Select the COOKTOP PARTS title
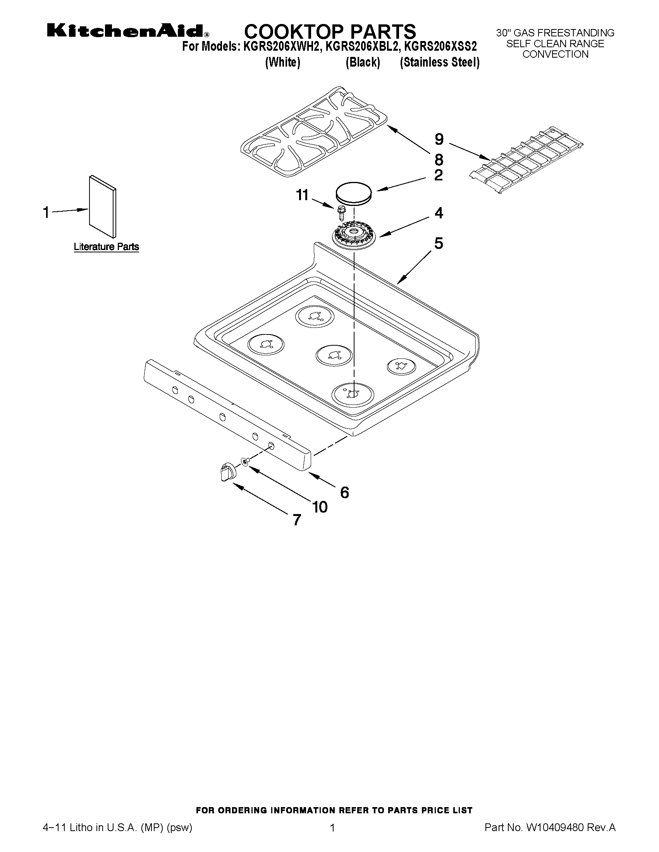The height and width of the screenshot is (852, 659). (330, 31)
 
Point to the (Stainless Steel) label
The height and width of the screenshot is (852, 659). (440, 62)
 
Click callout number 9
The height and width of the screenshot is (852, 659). (439, 139)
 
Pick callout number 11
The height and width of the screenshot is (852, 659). (302, 195)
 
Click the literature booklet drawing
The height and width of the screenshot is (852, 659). (103, 206)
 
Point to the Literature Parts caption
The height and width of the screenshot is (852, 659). (106, 247)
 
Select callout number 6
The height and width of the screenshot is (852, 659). (344, 493)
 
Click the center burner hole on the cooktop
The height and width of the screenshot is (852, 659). (334, 355)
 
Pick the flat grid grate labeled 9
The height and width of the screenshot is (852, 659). (526, 161)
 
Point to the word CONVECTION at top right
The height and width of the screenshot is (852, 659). (555, 55)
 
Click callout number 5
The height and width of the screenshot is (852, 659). (439, 243)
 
